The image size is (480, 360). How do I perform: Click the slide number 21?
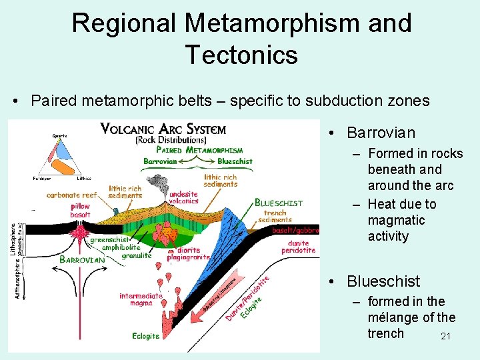point(446,337)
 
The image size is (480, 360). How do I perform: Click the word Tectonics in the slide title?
point(241,54)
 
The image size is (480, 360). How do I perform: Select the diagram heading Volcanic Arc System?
point(163,129)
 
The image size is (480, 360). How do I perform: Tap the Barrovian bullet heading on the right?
point(381,133)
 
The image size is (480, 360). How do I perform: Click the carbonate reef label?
point(72,195)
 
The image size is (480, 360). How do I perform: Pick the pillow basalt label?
point(80,211)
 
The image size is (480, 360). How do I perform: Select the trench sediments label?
point(275,217)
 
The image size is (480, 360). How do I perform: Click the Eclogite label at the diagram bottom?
point(145,336)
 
